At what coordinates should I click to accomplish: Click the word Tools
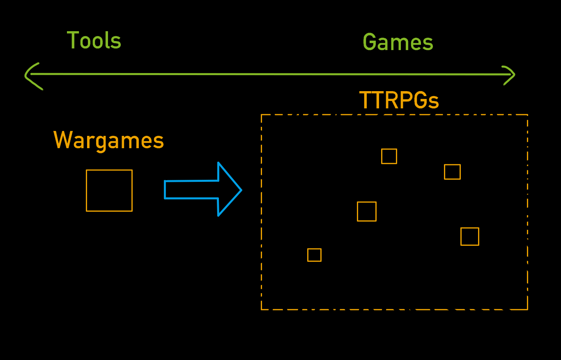[94, 41]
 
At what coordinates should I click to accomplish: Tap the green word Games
[398, 42]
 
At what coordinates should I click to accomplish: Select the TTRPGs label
[399, 100]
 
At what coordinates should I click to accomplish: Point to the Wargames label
[108, 140]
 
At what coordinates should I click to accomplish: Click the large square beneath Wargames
[109, 190]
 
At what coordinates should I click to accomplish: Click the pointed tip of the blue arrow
[241, 190]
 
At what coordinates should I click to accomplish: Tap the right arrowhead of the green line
[514, 75]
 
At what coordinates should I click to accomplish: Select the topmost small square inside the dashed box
[389, 156]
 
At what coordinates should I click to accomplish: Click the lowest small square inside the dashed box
[314, 255]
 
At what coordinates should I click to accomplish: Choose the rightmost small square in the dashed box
[469, 236]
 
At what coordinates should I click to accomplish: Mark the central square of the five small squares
[367, 211]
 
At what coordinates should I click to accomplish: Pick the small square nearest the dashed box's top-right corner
[452, 172]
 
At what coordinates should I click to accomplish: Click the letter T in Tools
[72, 41]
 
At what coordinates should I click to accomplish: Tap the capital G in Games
[370, 42]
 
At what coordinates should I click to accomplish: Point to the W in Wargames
[62, 140]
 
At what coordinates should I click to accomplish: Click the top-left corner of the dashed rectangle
[262, 115]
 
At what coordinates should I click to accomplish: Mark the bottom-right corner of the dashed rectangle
[527, 309]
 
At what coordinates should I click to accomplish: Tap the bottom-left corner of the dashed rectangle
[262, 309]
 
